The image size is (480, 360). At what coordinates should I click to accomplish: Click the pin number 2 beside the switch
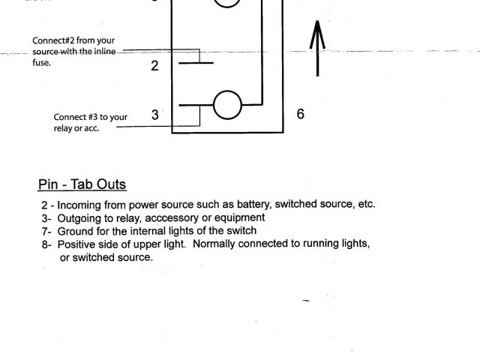coord(154,66)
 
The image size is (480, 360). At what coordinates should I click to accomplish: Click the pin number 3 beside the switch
coord(155,115)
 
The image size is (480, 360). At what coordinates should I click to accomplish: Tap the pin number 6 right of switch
coord(300,114)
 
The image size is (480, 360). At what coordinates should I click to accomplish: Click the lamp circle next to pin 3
coord(228,106)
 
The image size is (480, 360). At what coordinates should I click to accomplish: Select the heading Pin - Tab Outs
coord(82,184)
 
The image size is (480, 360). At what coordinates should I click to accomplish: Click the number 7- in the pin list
coord(46,231)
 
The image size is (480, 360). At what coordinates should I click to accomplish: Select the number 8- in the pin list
coord(46,244)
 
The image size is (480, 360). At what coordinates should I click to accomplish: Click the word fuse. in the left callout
coord(42,63)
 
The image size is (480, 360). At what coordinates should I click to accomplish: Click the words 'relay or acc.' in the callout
coord(76,128)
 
